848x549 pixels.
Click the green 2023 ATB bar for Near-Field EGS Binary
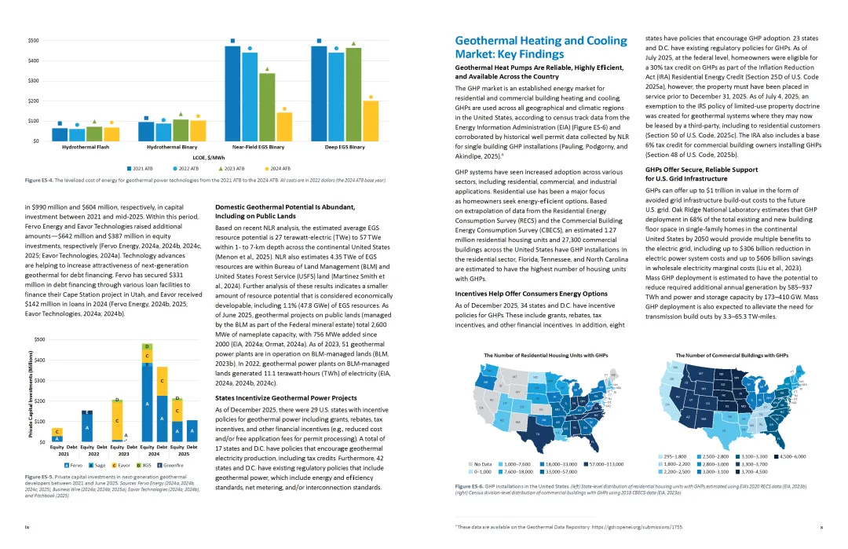coord(267,107)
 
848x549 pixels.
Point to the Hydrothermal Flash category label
coord(78,147)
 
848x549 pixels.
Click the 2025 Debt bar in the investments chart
coord(192,431)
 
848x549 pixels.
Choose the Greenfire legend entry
coord(170,466)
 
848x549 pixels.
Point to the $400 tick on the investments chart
coord(38,360)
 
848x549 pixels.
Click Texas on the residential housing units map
coord(539,431)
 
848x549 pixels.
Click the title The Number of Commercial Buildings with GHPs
coord(732,355)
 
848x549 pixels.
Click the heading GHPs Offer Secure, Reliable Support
coord(701,170)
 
